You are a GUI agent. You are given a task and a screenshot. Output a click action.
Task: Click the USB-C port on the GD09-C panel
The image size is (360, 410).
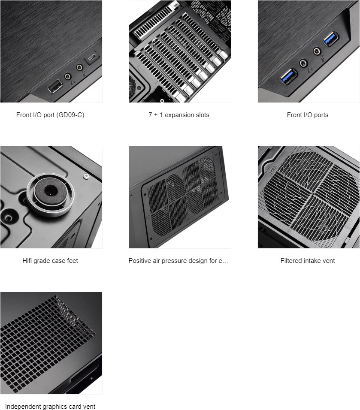pos(92,58)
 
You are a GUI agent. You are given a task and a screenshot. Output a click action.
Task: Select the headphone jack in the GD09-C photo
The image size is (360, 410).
pos(68,76)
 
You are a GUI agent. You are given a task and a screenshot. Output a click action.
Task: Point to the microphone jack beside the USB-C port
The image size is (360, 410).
pos(79,67)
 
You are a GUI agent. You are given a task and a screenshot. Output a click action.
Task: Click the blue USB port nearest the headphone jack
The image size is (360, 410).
pos(289,76)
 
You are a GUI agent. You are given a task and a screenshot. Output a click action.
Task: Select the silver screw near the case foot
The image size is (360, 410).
pos(86,176)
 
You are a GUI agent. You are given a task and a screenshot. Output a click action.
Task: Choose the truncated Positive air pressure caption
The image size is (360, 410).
pos(178,261)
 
